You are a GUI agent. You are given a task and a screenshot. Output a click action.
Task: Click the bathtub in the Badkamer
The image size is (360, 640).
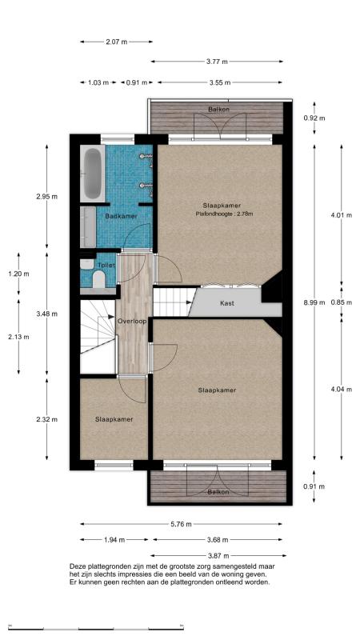click(x=93, y=174)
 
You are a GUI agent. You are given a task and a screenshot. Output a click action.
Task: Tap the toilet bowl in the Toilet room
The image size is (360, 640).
click(x=99, y=279)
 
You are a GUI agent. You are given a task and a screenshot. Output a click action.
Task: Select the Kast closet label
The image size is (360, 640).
click(x=227, y=303)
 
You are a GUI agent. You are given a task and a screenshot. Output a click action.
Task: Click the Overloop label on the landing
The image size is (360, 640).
click(x=132, y=322)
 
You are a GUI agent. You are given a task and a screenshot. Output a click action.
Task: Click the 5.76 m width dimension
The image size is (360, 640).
click(x=182, y=524)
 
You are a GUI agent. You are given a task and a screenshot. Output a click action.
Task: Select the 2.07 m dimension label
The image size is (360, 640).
click(x=116, y=42)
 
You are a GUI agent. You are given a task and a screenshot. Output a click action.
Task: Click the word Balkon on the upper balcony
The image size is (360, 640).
click(x=218, y=110)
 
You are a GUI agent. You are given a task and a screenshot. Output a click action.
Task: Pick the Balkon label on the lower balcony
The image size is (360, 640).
click(x=218, y=492)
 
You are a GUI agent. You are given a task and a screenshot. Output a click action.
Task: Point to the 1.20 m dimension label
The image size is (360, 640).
click(x=18, y=274)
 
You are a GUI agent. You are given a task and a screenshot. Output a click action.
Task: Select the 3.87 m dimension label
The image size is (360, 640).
click(x=218, y=555)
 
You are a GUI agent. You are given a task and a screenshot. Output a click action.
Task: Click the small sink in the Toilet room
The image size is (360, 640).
click(x=86, y=265)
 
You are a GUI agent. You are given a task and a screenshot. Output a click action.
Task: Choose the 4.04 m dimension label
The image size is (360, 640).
click(x=342, y=389)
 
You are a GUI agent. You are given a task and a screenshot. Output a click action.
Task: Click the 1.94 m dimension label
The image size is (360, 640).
click(x=114, y=540)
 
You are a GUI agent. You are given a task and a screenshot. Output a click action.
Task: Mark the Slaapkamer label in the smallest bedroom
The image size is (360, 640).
click(x=114, y=419)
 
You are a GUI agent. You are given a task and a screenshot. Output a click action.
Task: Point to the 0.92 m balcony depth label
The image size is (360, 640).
click(x=314, y=118)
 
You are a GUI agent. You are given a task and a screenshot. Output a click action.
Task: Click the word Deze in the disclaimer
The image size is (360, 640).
click(x=77, y=566)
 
